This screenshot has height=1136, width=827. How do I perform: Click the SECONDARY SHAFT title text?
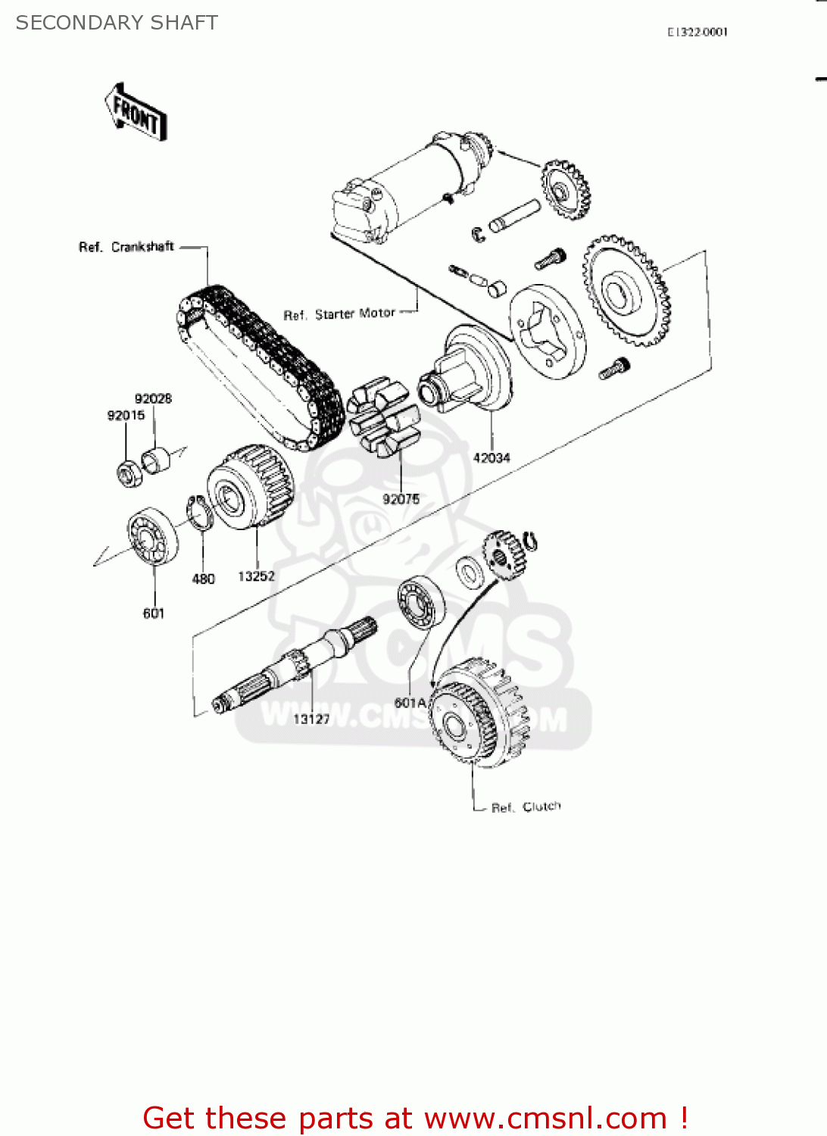click(117, 23)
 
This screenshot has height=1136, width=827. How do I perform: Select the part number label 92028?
click(153, 398)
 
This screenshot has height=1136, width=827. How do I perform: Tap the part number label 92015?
click(126, 415)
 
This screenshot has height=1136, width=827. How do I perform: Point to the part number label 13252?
click(256, 576)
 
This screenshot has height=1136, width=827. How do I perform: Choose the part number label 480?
click(203, 579)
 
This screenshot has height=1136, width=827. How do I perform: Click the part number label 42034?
click(492, 457)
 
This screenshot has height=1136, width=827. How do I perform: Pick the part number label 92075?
click(401, 499)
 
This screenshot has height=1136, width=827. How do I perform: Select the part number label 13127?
click(311, 719)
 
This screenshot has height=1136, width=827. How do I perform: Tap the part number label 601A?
click(410, 703)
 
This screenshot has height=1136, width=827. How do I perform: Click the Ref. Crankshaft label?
click(126, 247)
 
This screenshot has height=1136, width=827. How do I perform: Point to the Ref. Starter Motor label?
click(339, 314)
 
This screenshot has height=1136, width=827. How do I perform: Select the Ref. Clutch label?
click(526, 807)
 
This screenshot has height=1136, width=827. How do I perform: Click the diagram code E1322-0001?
click(697, 32)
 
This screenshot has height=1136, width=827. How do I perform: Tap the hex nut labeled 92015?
click(126, 473)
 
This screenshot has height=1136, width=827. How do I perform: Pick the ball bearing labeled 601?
click(152, 537)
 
